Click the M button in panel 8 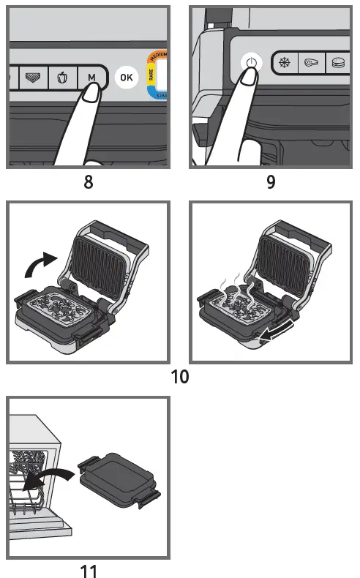91,77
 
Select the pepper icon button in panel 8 62,77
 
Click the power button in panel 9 251,63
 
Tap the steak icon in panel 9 312,63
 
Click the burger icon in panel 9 339,63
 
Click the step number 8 88,182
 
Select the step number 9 271,182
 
